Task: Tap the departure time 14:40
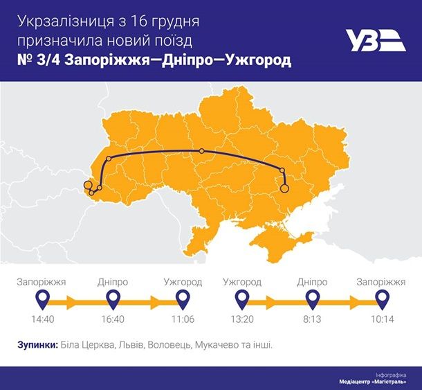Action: (43, 320)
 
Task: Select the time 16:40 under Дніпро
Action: (112, 320)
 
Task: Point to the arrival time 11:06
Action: (182, 320)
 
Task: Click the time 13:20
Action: (241, 320)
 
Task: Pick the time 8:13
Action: (312, 320)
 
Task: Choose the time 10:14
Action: (381, 320)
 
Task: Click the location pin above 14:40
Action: (43, 299)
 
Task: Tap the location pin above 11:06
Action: (182, 299)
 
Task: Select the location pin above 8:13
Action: (312, 299)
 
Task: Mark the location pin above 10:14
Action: (381, 299)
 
